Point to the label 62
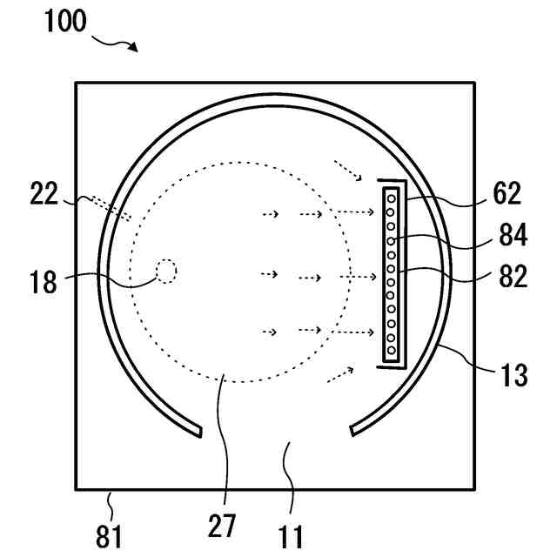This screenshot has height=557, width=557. [x=506, y=193]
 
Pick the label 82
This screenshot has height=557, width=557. [x=513, y=277]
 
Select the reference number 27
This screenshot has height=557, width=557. [x=222, y=527]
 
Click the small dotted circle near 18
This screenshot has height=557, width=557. [x=166, y=272]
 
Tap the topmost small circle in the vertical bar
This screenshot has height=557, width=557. [x=392, y=198]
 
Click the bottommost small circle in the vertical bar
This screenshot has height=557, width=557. [x=392, y=351]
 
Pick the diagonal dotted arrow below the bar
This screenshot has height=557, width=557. [x=340, y=374]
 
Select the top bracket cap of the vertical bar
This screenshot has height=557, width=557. [x=392, y=184]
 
